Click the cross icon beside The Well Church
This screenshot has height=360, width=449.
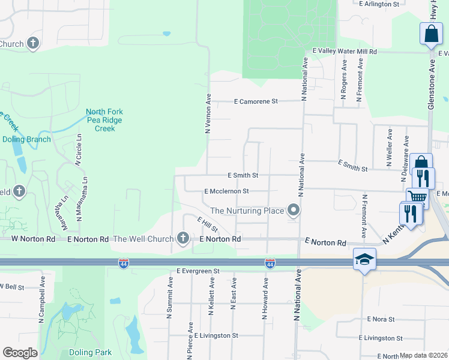point(184,239)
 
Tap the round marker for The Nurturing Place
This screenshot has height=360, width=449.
point(294,211)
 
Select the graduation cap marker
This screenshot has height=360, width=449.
point(363,259)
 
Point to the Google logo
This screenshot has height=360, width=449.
point(20,353)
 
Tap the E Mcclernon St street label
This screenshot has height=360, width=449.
point(226,191)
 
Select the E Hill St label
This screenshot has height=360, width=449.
point(208,226)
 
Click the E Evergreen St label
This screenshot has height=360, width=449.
point(198,271)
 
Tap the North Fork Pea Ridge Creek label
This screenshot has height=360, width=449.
point(104,120)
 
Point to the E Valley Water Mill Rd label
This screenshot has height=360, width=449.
point(345,52)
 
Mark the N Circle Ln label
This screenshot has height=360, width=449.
point(78,149)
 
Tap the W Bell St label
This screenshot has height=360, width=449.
point(12,287)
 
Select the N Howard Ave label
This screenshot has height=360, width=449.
point(265,298)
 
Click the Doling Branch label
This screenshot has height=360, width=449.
point(27,139)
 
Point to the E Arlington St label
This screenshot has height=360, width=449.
point(379,4)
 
